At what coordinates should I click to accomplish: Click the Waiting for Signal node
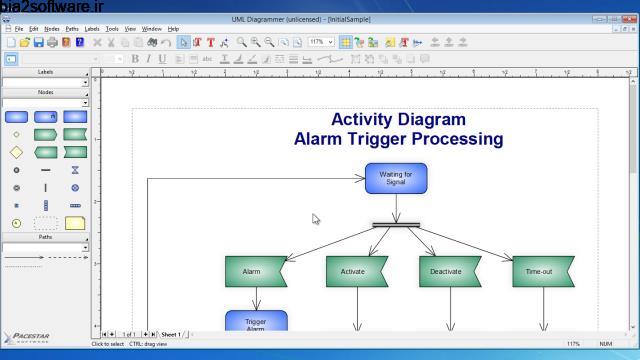pos(395,178)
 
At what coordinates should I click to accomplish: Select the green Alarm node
pos(253,271)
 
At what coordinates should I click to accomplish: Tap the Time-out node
pos(541,271)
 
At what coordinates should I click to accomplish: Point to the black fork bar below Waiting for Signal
pos(396,225)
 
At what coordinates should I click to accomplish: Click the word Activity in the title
pos(367,120)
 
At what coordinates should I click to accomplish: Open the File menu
pos(19,29)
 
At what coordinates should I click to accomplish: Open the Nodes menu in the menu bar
pos(52,29)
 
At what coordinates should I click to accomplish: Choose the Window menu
pos(151,29)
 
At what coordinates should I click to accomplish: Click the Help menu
pos(173,29)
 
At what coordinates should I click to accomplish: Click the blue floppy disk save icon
pos(38,43)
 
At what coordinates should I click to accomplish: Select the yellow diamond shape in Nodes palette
pos(16,152)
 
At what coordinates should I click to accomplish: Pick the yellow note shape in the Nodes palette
pos(75,223)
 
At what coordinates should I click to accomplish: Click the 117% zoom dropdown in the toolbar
pos(321,43)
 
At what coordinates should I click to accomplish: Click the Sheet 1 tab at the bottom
pos(171,334)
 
